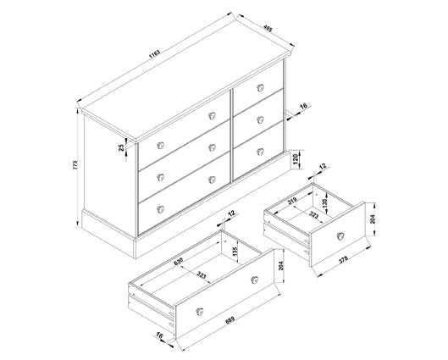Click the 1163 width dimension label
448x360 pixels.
156,54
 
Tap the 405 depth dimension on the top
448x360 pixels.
268,28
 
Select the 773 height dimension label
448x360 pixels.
75,165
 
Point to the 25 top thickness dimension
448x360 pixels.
121,147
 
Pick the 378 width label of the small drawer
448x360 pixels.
343,260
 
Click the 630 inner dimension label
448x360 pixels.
178,262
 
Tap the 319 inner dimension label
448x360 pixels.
292,201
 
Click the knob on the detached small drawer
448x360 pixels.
340,236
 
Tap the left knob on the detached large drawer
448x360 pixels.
200,311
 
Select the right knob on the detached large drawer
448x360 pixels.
254,280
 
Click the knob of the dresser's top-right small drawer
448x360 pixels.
260,88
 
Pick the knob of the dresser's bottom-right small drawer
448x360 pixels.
260,152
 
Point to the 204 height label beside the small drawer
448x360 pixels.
373,219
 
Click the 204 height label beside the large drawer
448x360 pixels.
281,266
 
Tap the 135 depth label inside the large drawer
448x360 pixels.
235,251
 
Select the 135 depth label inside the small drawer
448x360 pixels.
324,204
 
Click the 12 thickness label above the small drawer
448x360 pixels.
323,166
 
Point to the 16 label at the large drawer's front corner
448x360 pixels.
159,336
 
